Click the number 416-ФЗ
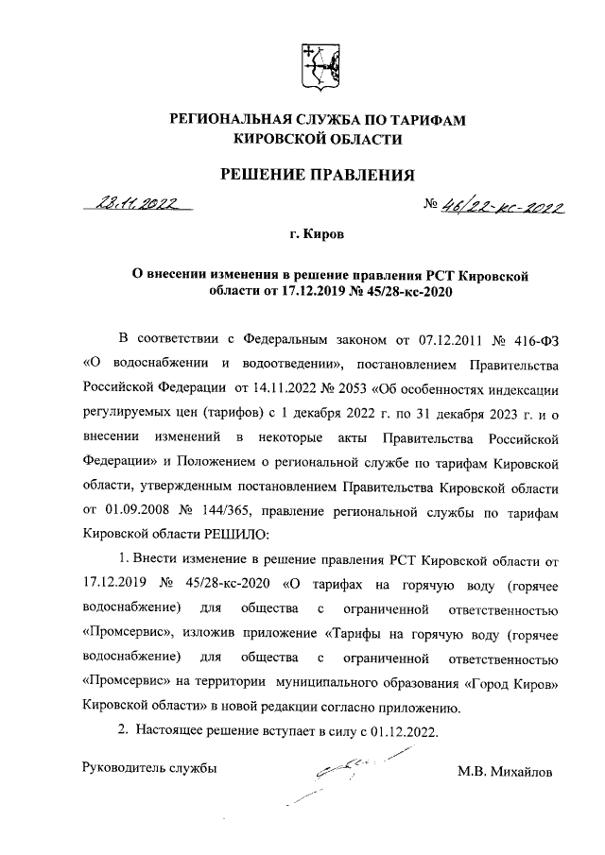529,337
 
